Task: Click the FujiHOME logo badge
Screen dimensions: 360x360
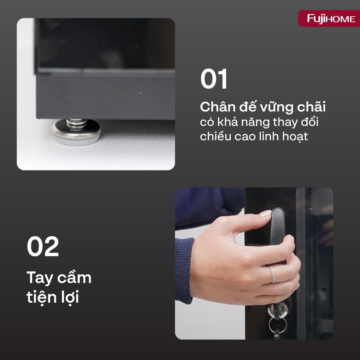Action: point(329,18)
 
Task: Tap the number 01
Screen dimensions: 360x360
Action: point(214,79)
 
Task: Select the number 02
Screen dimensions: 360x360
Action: point(43,246)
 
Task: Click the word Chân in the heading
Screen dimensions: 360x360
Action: point(217,107)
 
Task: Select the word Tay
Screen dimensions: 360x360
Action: point(40,278)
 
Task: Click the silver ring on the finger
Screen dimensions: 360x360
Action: point(272,274)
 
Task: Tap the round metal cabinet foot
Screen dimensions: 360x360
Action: point(76,132)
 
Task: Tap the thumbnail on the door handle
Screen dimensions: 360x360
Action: point(265,213)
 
